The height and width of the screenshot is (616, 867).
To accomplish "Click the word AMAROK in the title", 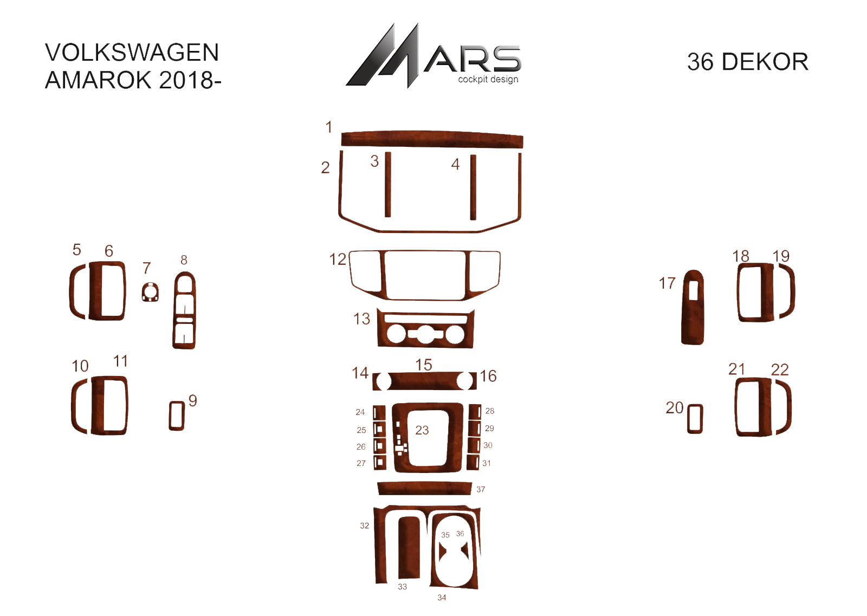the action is (98, 80).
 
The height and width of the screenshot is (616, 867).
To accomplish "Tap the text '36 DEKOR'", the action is (747, 62).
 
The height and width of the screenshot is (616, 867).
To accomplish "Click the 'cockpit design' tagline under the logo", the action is (488, 79).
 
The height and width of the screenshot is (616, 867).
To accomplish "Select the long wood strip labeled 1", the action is (432, 139).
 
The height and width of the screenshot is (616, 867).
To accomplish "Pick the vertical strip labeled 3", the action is (388, 184).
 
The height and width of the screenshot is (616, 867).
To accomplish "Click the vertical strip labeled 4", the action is (473, 187).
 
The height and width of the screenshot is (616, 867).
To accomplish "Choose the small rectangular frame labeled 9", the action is (177, 416).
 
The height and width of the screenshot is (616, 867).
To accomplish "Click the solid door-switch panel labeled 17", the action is (693, 307).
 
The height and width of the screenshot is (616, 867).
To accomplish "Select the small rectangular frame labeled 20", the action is (695, 419).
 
